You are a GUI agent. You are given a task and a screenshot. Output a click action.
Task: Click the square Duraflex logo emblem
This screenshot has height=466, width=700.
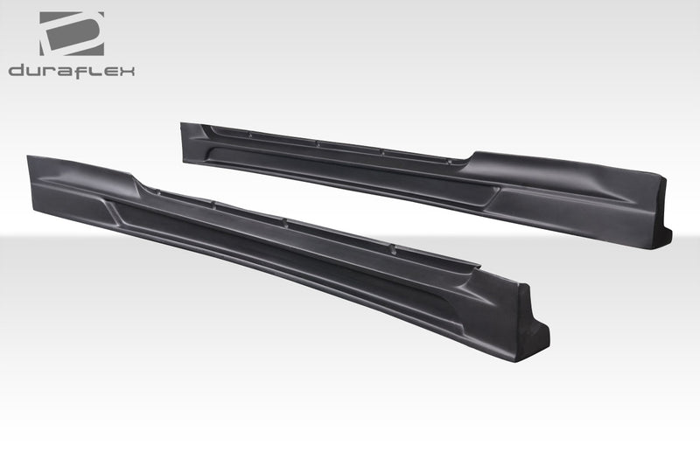pyautogui.click(x=71, y=34)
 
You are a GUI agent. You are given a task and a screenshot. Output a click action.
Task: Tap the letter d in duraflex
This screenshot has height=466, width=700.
pyautogui.click(x=17, y=71)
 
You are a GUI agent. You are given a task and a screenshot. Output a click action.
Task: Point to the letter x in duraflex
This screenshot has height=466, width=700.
pyautogui.click(x=127, y=71)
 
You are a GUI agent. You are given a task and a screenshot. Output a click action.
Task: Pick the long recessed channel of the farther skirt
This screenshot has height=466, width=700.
pyautogui.click(x=350, y=170)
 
